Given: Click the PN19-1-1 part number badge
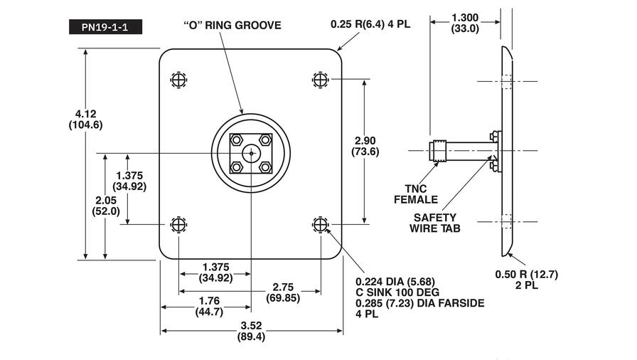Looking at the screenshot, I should [105, 28].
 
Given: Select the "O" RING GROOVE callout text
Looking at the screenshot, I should [232, 26].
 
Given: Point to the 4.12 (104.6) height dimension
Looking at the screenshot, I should [85, 119].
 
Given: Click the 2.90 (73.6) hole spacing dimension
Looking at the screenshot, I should [365, 146].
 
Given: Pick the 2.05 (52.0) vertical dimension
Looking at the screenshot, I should [105, 206].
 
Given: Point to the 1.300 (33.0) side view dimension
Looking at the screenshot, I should [465, 23].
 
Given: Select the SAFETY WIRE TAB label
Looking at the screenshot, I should [435, 223].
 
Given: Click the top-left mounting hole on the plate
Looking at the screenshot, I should [178, 79].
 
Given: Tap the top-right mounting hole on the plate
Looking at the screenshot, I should [321, 79].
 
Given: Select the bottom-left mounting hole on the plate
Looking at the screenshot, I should [178, 225].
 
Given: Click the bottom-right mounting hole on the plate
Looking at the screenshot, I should [321, 225].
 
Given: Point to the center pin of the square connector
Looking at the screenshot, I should [250, 152].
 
